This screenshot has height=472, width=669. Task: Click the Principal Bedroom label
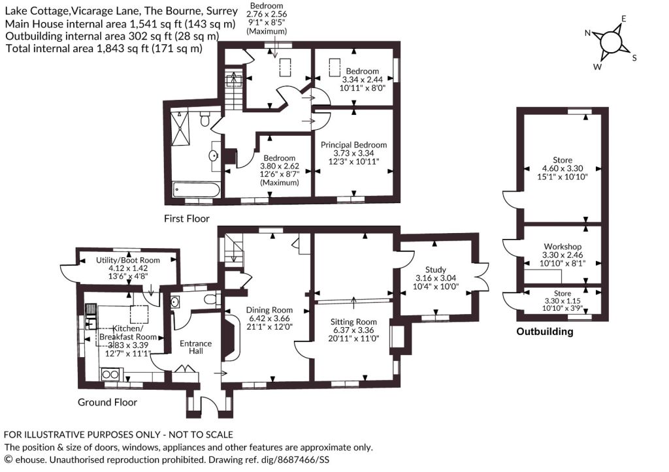(353, 145)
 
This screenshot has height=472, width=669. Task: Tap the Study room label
(436, 270)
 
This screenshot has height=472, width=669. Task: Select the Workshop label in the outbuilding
(563, 247)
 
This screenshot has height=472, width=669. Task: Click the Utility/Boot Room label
(128, 260)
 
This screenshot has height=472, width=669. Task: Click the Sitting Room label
(353, 322)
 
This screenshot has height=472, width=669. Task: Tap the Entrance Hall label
(196, 347)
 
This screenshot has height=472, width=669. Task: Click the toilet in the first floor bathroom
(204, 119)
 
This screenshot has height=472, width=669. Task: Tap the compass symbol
(612, 42)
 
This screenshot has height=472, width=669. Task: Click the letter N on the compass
(587, 33)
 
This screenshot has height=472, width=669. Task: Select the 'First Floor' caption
(187, 219)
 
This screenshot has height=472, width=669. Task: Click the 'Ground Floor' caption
(107, 403)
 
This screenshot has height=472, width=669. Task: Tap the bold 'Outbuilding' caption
(545, 332)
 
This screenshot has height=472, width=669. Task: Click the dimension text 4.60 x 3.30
(563, 168)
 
